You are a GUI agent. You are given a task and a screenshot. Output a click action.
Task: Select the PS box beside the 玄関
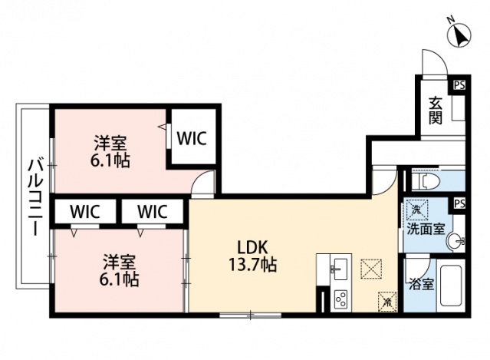[x=459, y=85]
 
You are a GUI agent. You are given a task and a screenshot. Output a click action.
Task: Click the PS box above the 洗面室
[x=459, y=203]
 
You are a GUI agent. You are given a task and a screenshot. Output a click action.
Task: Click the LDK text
[x=251, y=248]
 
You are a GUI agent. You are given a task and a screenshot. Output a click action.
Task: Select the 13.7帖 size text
[x=251, y=266]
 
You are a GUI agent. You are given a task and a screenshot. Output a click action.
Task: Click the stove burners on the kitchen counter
[x=338, y=298]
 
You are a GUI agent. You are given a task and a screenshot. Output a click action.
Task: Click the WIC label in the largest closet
[x=191, y=138]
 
